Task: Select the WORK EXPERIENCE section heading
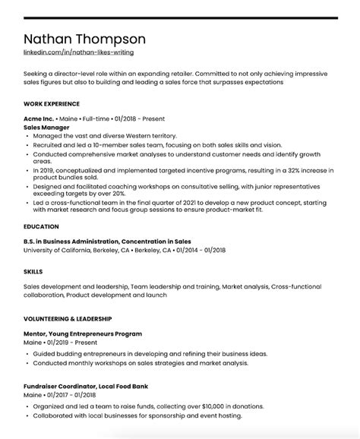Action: pos(52,103)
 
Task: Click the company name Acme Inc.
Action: pos(39,118)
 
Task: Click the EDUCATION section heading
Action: pos(41,226)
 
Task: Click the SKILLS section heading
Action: pos(33,271)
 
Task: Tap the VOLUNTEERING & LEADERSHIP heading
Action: pos(68,318)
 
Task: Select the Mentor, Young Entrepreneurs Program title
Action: pos(83,334)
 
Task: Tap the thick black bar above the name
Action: pos(180,17)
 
